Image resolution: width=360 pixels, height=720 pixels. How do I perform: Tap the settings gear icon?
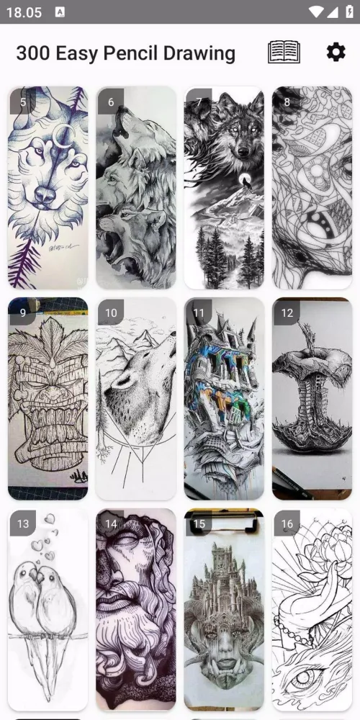(336, 53)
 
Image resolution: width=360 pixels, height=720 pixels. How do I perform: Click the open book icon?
(284, 52)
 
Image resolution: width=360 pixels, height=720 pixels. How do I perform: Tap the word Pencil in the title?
(130, 54)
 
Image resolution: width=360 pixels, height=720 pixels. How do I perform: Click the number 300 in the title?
(33, 53)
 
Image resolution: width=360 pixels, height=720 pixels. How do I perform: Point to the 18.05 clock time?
(24, 12)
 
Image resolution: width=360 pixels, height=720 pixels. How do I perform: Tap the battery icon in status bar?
(349, 12)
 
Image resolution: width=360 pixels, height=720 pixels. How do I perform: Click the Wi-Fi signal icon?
(316, 12)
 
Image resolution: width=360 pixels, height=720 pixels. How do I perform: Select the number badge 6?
(111, 102)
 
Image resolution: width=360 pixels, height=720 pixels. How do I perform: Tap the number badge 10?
(111, 312)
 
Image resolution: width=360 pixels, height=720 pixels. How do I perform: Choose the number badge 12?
(287, 312)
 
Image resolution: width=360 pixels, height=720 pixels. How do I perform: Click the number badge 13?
(23, 523)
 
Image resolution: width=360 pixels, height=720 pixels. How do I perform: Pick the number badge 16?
(287, 523)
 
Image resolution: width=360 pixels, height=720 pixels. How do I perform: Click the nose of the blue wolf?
(45, 194)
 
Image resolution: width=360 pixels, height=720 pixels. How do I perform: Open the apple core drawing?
(312, 399)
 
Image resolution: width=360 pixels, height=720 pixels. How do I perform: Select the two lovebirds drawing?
(48, 609)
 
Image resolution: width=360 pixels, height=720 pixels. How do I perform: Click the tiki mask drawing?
(48, 399)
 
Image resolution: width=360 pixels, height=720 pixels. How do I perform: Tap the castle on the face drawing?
(224, 609)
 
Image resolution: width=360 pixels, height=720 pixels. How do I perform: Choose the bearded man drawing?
(136, 609)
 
